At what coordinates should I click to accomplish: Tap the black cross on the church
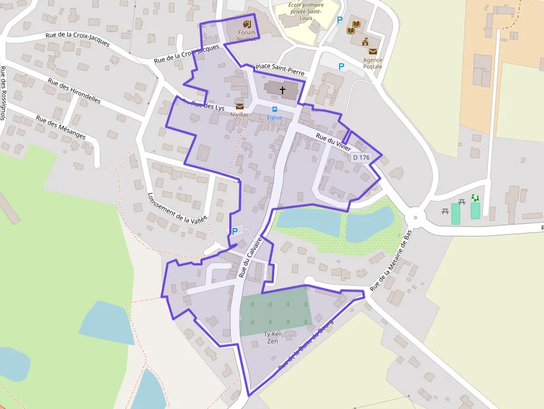[282, 90]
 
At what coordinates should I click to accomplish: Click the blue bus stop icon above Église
[275, 109]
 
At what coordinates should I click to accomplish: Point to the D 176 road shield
[361, 158]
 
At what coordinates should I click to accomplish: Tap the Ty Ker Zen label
[273, 337]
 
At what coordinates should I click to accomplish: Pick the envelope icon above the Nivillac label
[239, 106]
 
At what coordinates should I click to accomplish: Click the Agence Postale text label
[372, 63]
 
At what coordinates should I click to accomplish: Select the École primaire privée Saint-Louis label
[305, 11]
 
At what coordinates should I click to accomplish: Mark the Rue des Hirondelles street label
[74, 91]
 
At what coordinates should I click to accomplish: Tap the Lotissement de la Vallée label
[178, 208]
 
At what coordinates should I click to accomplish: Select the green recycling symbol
[475, 198]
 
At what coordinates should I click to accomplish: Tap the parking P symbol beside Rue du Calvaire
[235, 231]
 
